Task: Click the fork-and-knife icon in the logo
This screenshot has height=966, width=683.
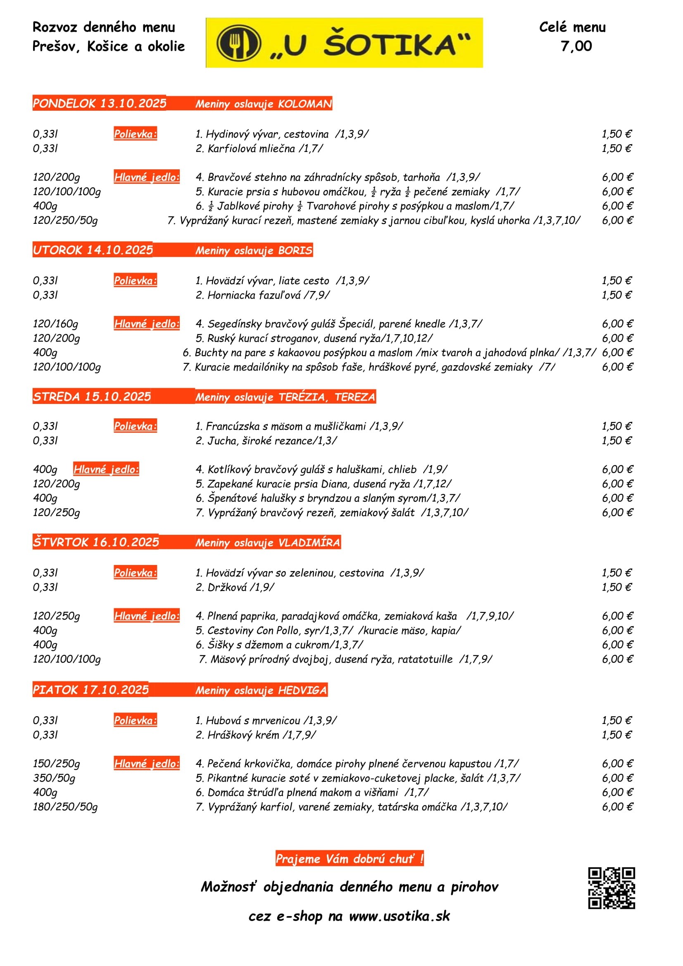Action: pyautogui.click(x=238, y=43)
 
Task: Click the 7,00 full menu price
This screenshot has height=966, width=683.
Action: pyautogui.click(x=576, y=46)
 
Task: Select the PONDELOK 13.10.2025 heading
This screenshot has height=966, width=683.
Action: pyautogui.click(x=99, y=104)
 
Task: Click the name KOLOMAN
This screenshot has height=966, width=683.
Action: pyautogui.click(x=305, y=104)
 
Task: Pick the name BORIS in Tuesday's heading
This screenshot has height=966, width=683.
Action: pyautogui.click(x=295, y=250)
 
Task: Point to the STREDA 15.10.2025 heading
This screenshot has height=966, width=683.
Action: pyautogui.click(x=92, y=396)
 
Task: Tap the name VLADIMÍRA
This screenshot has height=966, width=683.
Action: pyautogui.click(x=309, y=542)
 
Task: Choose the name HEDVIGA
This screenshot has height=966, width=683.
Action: pyautogui.click(x=302, y=690)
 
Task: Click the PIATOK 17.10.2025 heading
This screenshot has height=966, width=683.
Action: pyautogui.click(x=90, y=690)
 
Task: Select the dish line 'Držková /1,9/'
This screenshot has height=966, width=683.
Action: pyautogui.click(x=235, y=587)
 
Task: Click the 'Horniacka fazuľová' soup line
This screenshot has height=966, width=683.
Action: pyautogui.click(x=263, y=295)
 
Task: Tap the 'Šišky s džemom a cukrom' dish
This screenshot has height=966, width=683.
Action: pyautogui.click(x=279, y=645)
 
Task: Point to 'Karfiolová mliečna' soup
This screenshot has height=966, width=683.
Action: pyautogui.click(x=259, y=148)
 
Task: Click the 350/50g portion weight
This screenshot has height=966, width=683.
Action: pyautogui.click(x=54, y=778)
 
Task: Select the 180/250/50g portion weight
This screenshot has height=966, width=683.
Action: pyautogui.click(x=65, y=807)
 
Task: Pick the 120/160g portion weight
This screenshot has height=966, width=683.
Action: pyautogui.click(x=55, y=323)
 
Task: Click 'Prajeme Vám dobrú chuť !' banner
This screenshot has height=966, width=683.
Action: pyautogui.click(x=349, y=858)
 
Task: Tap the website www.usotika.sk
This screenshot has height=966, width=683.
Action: pyautogui.click(x=400, y=916)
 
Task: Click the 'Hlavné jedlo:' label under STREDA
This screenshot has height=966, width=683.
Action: pyautogui.click(x=106, y=469)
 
